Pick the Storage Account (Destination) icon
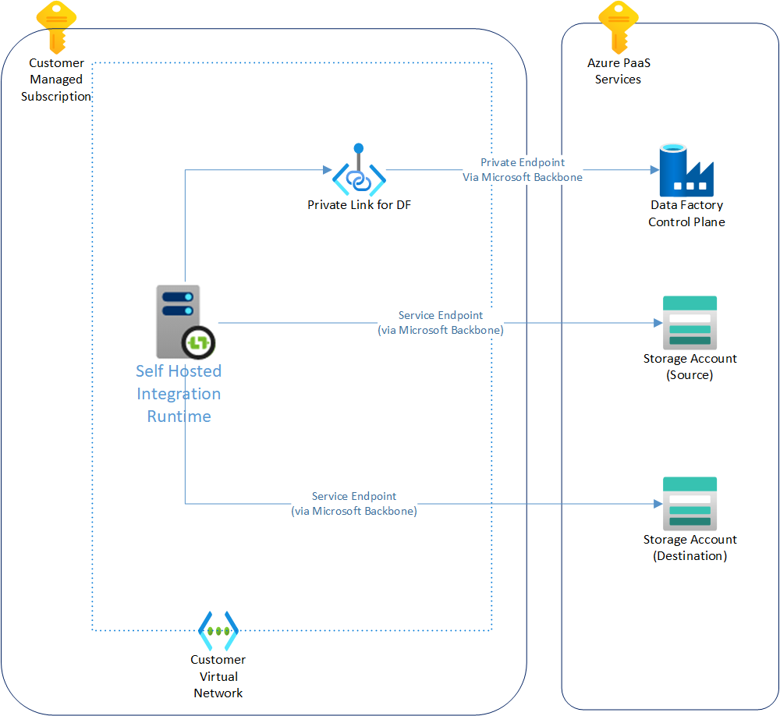point(690,503)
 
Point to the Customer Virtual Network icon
point(218,631)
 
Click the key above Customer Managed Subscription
point(57,26)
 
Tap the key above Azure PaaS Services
point(619,26)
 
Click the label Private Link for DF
point(359,205)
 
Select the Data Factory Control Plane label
point(686,214)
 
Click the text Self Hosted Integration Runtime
point(179,394)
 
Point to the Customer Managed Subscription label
point(56,80)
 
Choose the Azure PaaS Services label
point(618,71)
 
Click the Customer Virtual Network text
point(218,676)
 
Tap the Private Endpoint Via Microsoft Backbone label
point(523,170)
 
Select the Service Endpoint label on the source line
point(441,323)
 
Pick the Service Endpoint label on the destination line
point(354,504)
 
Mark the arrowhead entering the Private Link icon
point(327,170)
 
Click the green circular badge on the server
point(200,342)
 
